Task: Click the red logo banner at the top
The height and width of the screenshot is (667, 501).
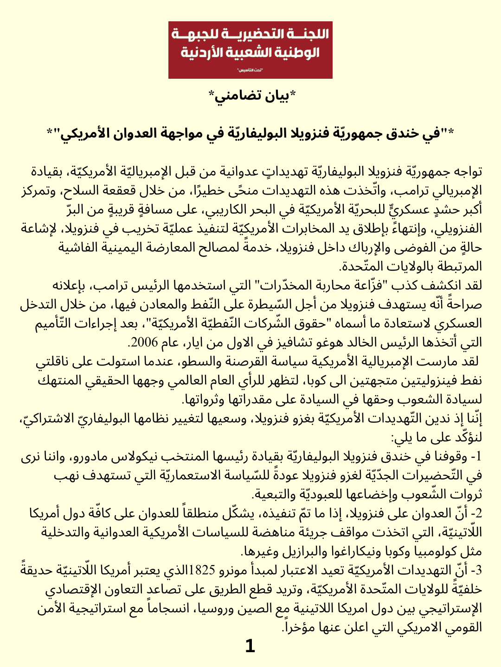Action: [250, 50]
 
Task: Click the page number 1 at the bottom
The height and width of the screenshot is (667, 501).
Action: [250, 646]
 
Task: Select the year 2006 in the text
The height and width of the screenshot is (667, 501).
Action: [144, 343]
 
